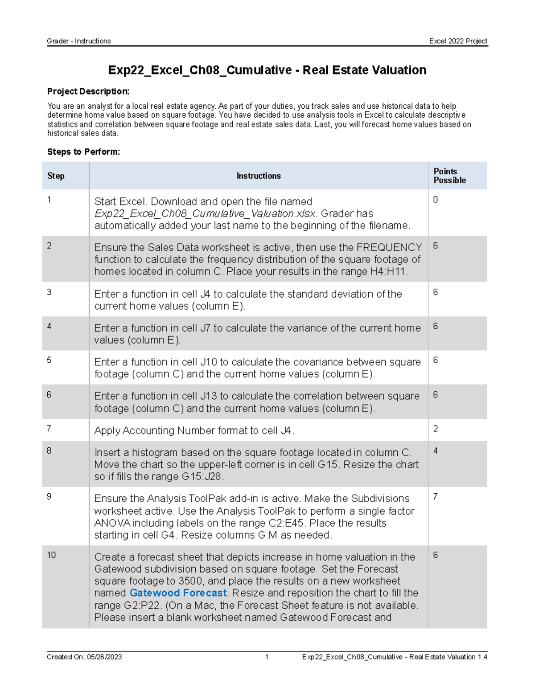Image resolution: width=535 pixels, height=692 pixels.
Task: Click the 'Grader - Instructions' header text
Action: (79, 41)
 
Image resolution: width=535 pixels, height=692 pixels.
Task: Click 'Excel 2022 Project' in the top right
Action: (458, 41)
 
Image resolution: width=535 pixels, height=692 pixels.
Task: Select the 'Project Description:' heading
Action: (88, 91)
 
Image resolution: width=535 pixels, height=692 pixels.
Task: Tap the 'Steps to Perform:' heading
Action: (83, 152)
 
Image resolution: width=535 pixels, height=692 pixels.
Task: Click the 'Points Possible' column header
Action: (449, 176)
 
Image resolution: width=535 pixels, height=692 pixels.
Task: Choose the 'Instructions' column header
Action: (259, 176)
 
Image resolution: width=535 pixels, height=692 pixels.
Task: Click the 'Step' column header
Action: (56, 176)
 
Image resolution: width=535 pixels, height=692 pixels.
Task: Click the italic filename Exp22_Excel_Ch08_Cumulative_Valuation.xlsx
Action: (206, 214)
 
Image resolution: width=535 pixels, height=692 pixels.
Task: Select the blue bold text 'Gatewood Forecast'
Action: (178, 593)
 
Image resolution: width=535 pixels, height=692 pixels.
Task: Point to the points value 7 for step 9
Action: (435, 496)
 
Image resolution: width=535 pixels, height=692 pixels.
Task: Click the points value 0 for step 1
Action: (436, 200)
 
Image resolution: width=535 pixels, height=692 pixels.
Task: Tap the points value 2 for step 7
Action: (436, 429)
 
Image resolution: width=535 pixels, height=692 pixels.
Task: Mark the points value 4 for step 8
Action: (436, 451)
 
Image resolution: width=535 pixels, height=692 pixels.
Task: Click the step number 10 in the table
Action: (51, 555)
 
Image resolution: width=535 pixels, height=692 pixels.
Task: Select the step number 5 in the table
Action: (49, 360)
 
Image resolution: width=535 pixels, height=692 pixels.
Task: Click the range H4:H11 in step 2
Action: (388, 271)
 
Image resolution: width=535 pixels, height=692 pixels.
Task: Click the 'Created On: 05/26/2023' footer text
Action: (84, 657)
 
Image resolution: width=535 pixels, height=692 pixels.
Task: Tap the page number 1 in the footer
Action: (267, 657)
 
